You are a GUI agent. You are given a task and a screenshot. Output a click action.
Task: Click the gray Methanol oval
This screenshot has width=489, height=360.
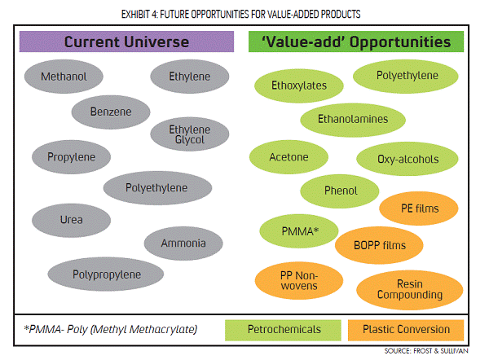pos(64,77)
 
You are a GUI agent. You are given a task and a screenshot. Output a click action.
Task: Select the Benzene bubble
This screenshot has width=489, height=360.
pos(111,112)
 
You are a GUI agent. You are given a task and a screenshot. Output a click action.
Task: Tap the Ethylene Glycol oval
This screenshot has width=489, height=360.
pos(190,134)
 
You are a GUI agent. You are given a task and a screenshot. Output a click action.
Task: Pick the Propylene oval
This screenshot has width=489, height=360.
pos(71,156)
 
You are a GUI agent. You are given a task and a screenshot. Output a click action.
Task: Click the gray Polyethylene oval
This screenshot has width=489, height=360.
pos(157,187)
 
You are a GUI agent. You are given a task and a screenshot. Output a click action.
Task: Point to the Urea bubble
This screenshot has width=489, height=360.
pos(71,220)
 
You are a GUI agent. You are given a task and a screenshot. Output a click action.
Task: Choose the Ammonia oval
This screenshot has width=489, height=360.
pos(183,243)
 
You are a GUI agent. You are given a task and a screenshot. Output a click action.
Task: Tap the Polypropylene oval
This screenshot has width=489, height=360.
pos(106,274)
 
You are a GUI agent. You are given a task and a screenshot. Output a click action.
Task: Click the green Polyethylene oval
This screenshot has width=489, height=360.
pos(405,77)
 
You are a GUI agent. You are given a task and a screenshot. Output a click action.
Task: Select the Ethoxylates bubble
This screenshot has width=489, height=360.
pos(299,86)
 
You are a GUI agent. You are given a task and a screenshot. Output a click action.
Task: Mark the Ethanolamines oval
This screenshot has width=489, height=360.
pos(353,120)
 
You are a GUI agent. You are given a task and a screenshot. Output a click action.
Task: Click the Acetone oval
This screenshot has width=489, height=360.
pos(289,156)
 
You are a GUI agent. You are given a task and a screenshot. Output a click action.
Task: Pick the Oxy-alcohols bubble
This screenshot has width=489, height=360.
pos(407,159)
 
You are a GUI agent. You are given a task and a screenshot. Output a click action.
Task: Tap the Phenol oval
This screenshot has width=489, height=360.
pos(340,191)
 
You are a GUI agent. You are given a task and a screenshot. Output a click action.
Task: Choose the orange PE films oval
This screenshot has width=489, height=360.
pos(419,209)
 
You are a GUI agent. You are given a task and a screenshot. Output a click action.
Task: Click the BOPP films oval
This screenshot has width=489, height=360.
pos(379,245)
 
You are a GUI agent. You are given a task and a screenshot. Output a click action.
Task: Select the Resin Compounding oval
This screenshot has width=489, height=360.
pos(409,290)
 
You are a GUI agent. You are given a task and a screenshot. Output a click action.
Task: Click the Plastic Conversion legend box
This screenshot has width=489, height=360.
pos(406,330)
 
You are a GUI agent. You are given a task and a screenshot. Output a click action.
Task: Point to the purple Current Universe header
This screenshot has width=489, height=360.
pos(126,42)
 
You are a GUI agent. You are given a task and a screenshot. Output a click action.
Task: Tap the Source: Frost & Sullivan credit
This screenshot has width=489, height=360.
pos(426,351)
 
